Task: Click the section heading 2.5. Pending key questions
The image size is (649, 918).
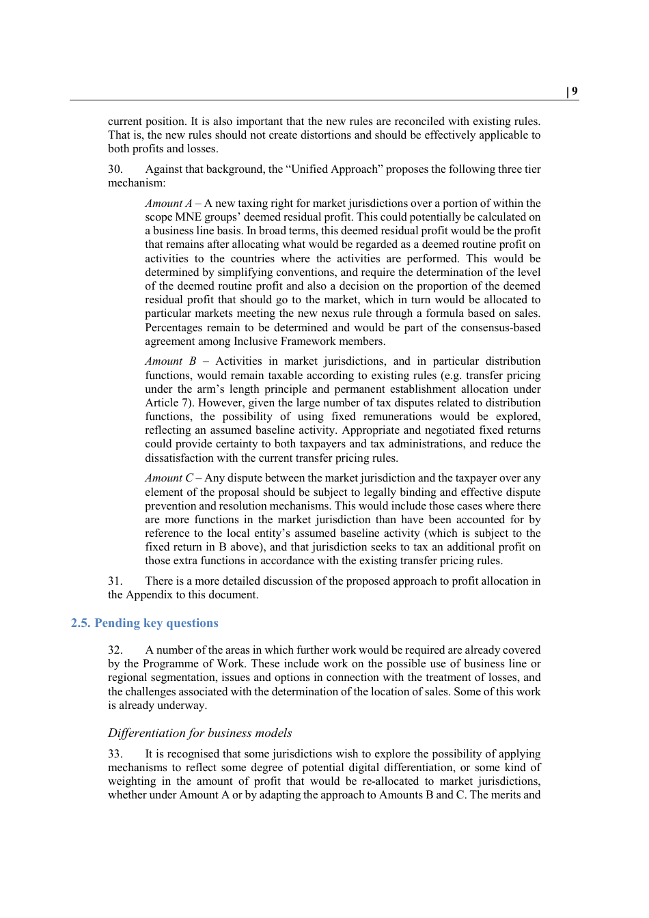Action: pyautogui.click(x=144, y=623)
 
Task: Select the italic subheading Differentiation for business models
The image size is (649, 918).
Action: pyautogui.click(x=199, y=733)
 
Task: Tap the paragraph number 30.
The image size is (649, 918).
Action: pyautogui.click(x=115, y=169)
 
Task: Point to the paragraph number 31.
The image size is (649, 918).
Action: pyautogui.click(x=115, y=581)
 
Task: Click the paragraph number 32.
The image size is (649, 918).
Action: pyautogui.click(x=115, y=650)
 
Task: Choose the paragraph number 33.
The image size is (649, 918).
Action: pyautogui.click(x=115, y=754)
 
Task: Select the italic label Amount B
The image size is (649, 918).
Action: pyautogui.click(x=170, y=361)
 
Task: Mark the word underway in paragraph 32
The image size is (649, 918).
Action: pyautogui.click(x=182, y=706)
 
